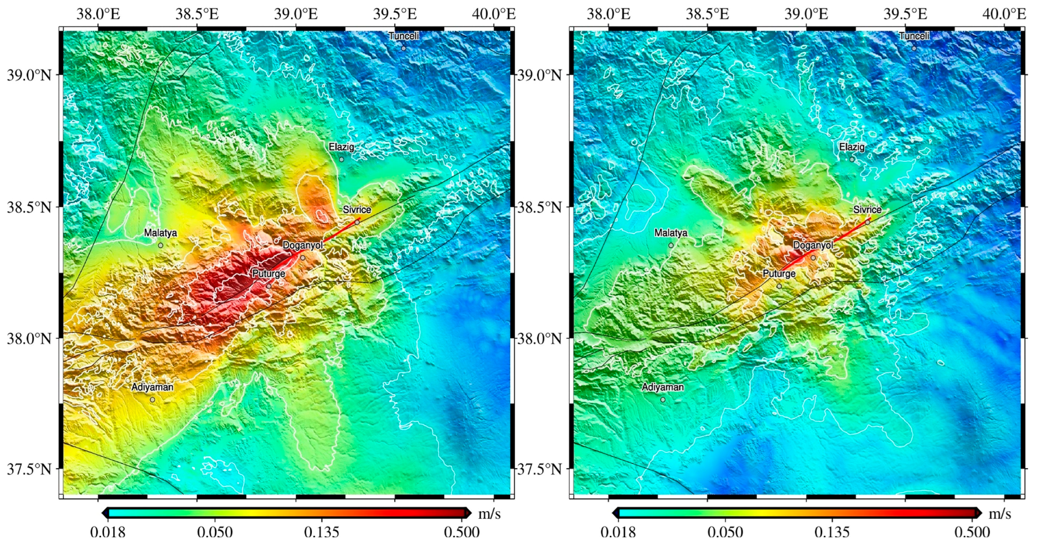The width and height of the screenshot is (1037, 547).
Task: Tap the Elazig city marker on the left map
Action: pos(341,159)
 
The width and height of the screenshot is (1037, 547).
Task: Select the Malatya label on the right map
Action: pos(671,233)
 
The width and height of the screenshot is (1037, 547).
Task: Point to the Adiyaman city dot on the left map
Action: pos(152,400)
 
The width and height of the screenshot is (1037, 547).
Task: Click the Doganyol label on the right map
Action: pos(813,245)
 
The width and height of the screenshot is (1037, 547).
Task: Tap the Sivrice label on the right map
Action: pos(867,210)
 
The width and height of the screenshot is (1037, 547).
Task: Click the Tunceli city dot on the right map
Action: pos(914,48)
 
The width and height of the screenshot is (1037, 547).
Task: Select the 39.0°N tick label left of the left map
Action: pos(29,75)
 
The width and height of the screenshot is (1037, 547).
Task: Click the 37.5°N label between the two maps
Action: pos(539,469)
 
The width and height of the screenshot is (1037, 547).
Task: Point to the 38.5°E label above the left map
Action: pos(197,15)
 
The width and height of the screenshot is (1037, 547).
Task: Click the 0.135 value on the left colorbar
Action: pos(321,532)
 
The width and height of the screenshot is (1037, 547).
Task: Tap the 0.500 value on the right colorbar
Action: pos(972,532)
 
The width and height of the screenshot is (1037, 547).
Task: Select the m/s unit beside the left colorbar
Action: pos(489,514)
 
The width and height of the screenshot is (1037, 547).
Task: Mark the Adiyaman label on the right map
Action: pos(663,387)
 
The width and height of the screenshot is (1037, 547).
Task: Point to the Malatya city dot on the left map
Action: pos(160,245)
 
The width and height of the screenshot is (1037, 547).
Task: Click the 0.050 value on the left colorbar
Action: pos(215,532)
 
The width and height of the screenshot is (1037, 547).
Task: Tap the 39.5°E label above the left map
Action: pos(394,15)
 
